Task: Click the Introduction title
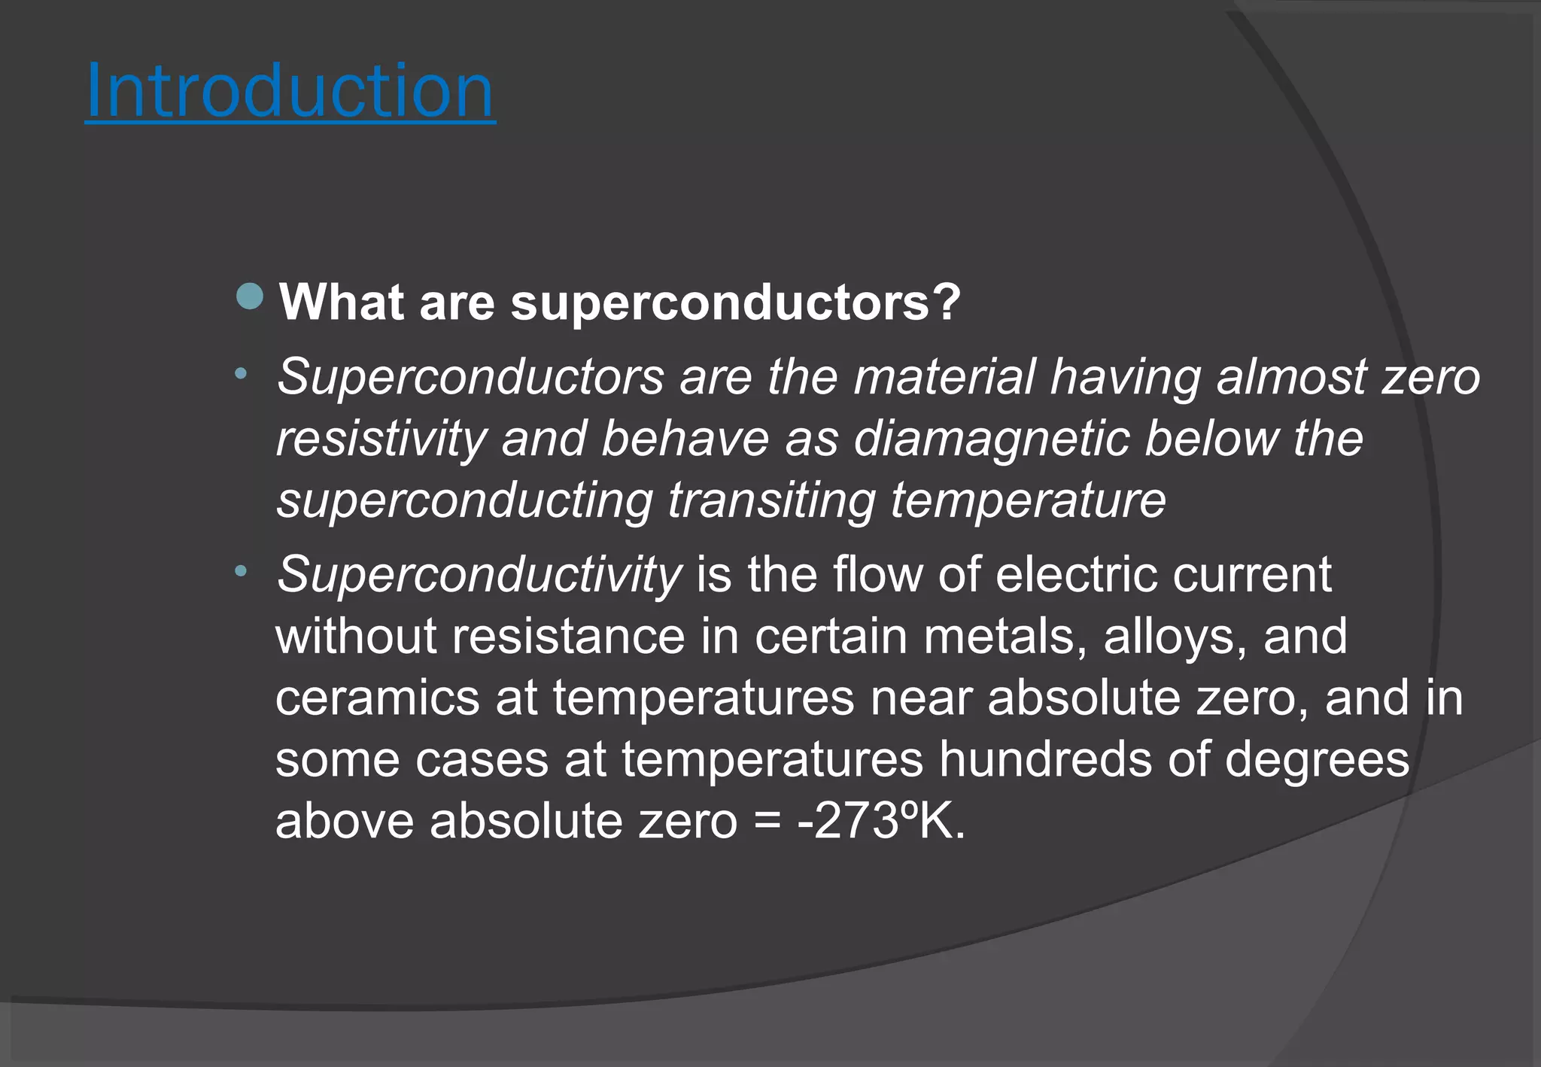(290, 92)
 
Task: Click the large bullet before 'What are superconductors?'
(250, 296)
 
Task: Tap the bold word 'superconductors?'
(736, 302)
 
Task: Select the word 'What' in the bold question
(342, 302)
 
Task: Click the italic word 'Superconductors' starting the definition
(470, 377)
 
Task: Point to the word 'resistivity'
(381, 439)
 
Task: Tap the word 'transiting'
(772, 500)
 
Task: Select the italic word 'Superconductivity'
(479, 575)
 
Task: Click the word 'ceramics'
(377, 698)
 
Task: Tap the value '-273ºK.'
(881, 821)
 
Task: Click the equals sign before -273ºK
(767, 821)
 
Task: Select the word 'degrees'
(1317, 759)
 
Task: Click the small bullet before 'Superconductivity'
(240, 572)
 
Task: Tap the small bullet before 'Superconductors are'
(240, 373)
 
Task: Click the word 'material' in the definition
(944, 377)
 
